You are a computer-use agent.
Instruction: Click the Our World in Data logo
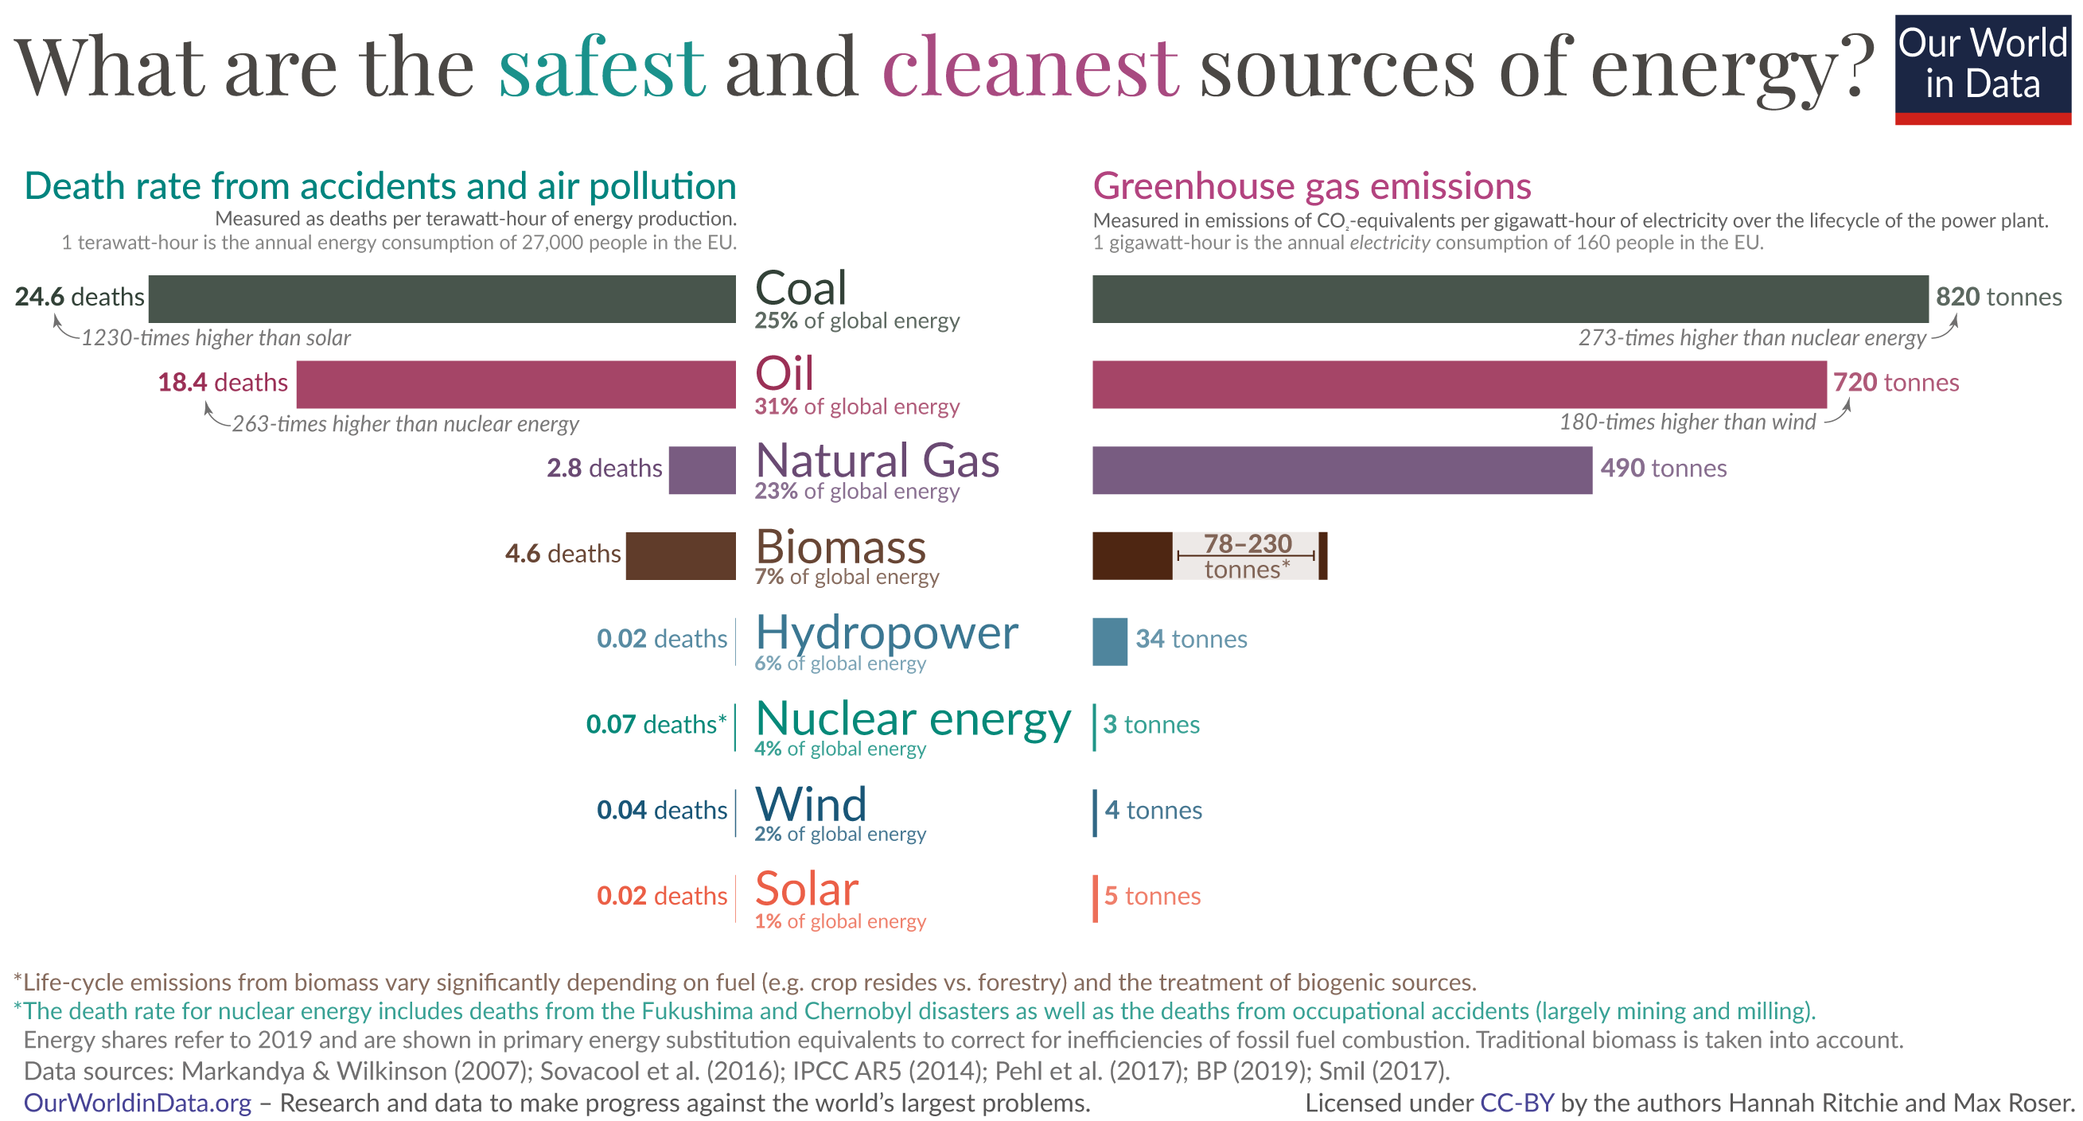[1982, 68]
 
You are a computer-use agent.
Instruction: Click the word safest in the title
[602, 68]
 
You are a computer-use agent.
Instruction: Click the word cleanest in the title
[1030, 68]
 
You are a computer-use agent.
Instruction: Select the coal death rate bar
[442, 298]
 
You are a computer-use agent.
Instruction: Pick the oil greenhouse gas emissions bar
[1458, 384]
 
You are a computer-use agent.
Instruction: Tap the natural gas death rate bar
[702, 470]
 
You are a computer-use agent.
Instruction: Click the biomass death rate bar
[680, 555]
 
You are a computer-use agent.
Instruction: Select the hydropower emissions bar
[1109, 641]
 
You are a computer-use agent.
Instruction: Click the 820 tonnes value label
[1997, 297]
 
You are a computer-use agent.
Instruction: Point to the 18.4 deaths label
[222, 383]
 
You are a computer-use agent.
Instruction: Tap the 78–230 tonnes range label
[1246, 556]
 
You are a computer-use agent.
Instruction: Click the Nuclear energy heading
[913, 719]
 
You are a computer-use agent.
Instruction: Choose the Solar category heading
[806, 889]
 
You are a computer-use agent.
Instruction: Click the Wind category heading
[810, 805]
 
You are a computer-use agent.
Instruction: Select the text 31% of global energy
[856, 407]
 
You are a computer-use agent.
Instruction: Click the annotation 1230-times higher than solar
[216, 338]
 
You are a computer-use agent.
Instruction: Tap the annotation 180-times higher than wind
[1687, 422]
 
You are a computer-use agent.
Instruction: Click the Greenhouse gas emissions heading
[1311, 186]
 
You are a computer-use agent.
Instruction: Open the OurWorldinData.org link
[138, 1103]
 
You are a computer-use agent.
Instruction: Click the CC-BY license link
[1517, 1103]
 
